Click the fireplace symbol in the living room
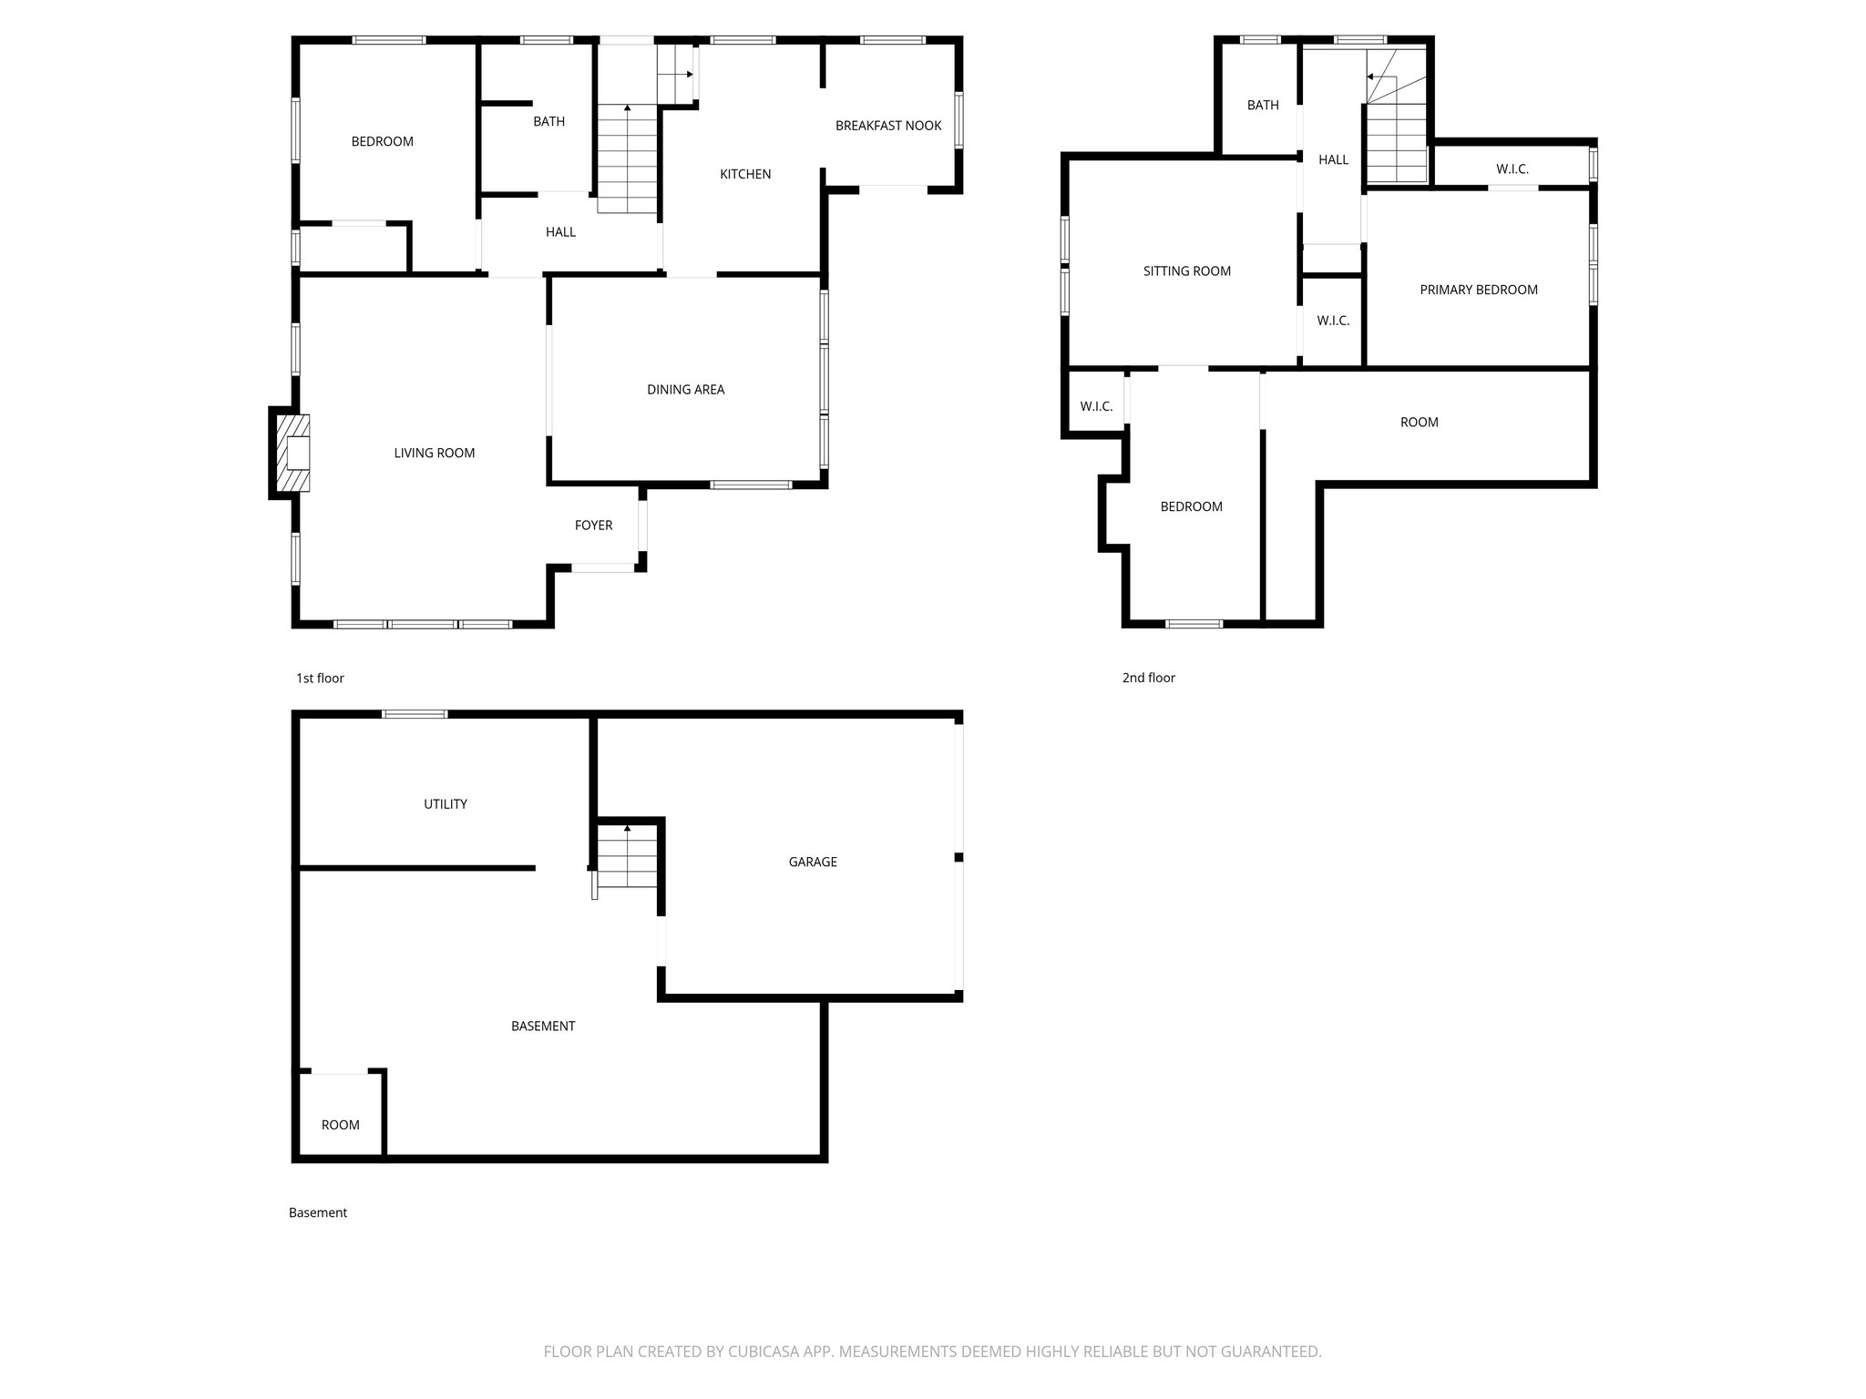coord(293,453)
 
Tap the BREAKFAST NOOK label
coord(888,126)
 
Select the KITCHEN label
coord(745,174)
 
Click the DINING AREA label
coord(685,390)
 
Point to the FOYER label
coord(593,526)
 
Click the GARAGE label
coord(813,862)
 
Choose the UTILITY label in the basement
coord(446,804)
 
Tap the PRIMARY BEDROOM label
coord(1479,290)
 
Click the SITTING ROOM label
coord(1186,271)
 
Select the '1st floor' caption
coord(320,679)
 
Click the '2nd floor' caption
coord(1148,678)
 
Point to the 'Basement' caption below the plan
coord(318,1213)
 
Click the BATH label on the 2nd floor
coord(1263,106)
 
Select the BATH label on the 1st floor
coord(549,122)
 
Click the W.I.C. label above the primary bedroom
coord(1512,169)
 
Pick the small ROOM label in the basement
coord(341,1125)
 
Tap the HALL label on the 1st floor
coord(560,232)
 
